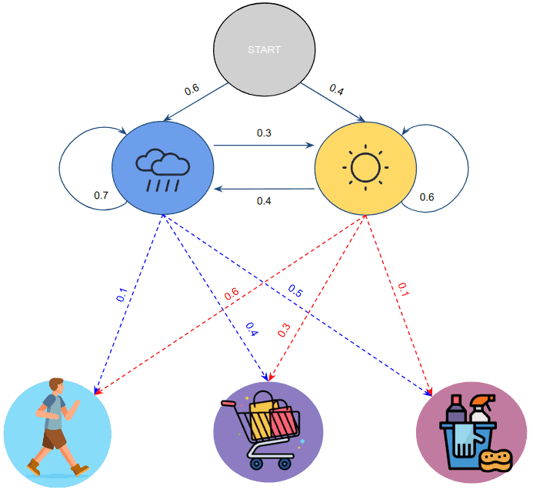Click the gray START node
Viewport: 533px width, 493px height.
[264, 50]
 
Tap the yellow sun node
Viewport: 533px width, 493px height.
[365, 167]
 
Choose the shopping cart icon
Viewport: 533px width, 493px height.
[268, 431]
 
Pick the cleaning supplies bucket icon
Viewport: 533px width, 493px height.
[470, 431]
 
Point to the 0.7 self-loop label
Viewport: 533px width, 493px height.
[101, 195]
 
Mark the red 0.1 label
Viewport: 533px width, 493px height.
[403, 290]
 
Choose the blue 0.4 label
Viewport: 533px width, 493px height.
[252, 328]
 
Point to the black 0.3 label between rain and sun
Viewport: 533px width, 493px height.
[264, 133]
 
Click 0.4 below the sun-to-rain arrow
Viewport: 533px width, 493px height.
[264, 201]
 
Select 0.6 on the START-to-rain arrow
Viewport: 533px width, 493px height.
[192, 90]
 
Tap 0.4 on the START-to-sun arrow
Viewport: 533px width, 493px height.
[337, 89]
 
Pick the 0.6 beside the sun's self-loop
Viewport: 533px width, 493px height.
[427, 196]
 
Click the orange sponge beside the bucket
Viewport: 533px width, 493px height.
[496, 460]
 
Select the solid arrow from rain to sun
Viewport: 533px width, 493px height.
[264, 144]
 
